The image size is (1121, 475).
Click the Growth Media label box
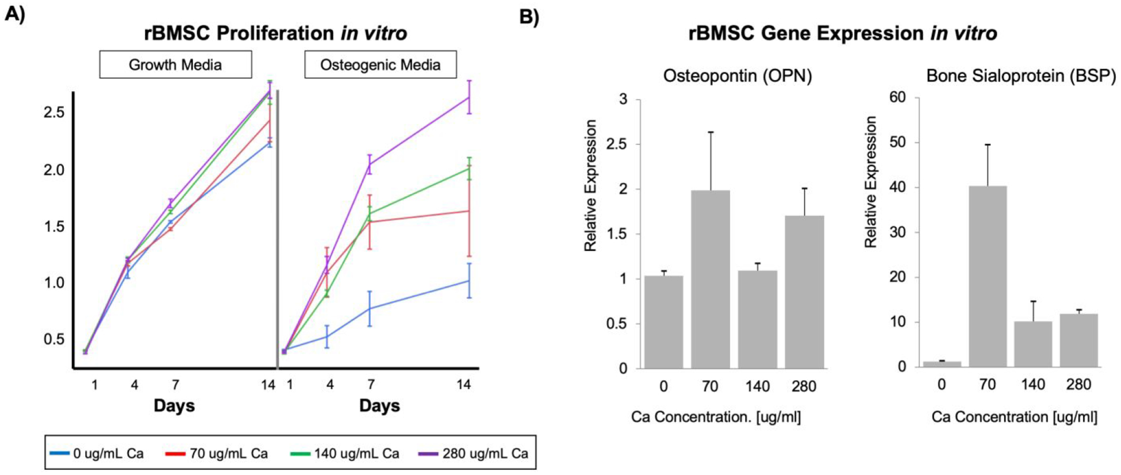[x=175, y=64]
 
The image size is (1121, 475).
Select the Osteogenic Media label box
[x=380, y=64]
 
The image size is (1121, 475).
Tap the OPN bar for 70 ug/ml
[x=710, y=279]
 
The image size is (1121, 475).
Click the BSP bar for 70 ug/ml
[x=987, y=276]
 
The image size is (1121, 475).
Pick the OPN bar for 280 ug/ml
[x=804, y=292]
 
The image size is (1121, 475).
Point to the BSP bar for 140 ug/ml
[x=1032, y=344]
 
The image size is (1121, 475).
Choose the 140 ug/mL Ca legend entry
[x=345, y=453]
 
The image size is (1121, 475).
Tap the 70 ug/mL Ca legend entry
[x=217, y=453]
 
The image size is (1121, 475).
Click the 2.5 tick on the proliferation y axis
[x=54, y=112]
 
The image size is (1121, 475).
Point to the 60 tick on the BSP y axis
[x=897, y=97]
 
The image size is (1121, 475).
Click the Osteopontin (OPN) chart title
[x=737, y=76]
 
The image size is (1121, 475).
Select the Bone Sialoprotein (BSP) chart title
[x=1020, y=76]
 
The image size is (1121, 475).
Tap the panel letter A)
[x=15, y=14]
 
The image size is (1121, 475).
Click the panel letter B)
[x=529, y=17]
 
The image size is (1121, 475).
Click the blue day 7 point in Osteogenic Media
[x=370, y=309]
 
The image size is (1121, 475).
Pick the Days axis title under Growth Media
[x=174, y=405]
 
